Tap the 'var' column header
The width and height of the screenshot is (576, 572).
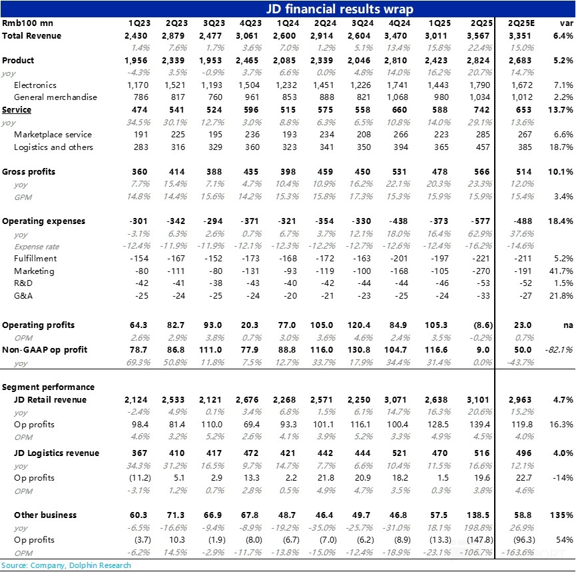[565, 23]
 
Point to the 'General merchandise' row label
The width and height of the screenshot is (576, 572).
[55, 97]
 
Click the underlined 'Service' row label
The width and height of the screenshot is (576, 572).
[17, 109]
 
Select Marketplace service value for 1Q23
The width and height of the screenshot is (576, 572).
[140, 135]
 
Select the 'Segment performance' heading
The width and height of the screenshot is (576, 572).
[49, 387]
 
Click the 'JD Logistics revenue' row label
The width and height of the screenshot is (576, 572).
[57, 453]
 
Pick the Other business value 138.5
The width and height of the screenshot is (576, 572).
[479, 515]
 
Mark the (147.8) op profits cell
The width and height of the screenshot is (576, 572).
[479, 540]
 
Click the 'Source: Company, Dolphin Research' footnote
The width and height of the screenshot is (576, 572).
[66, 565]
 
